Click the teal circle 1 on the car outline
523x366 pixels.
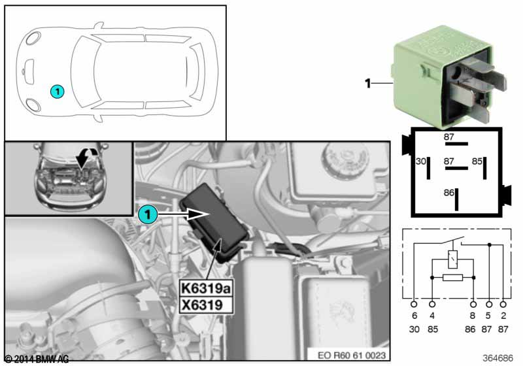pyautogui.click(x=58, y=92)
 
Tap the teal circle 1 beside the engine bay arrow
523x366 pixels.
pyautogui.click(x=148, y=212)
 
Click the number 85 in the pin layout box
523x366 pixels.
pyautogui.click(x=478, y=160)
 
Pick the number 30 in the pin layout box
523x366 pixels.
pyautogui.click(x=421, y=160)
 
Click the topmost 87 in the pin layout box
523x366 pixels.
pyautogui.click(x=448, y=137)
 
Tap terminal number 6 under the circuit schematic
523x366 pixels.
pyautogui.click(x=413, y=316)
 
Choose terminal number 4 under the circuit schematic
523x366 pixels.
pyautogui.click(x=432, y=316)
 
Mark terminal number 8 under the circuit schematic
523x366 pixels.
pyautogui.click(x=473, y=316)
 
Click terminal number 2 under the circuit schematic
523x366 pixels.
pyautogui.click(x=503, y=316)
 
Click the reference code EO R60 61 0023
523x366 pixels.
pyautogui.click(x=353, y=355)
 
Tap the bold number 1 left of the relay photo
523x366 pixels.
pyautogui.click(x=368, y=83)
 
